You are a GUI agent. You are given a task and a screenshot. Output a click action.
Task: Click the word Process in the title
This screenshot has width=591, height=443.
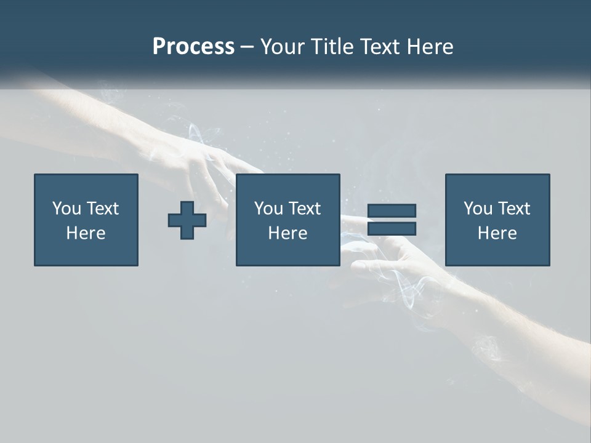[x=193, y=47]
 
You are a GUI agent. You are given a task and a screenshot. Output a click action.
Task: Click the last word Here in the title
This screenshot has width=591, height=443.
[x=431, y=47]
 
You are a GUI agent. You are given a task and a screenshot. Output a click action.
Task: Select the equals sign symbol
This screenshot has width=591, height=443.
[x=392, y=220]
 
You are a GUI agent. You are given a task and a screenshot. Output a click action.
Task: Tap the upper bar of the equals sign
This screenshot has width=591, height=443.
[x=392, y=210]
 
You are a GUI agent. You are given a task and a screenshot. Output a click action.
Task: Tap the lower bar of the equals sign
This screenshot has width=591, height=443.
[x=392, y=229]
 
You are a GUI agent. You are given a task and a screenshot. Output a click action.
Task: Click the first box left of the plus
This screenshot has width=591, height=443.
[x=86, y=220]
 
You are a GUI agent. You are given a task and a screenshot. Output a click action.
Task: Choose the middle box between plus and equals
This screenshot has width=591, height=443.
[x=287, y=220]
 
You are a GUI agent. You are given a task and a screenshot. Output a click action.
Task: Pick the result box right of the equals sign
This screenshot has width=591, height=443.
[x=497, y=220]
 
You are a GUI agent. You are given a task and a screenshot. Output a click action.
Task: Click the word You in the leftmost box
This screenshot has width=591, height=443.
[x=66, y=209]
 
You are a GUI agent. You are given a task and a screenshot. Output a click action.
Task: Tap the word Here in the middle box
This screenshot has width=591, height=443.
[x=287, y=233]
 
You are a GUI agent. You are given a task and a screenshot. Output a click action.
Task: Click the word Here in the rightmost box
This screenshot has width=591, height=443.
[x=497, y=233]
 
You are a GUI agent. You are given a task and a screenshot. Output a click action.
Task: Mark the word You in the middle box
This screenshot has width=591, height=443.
[x=268, y=209]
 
